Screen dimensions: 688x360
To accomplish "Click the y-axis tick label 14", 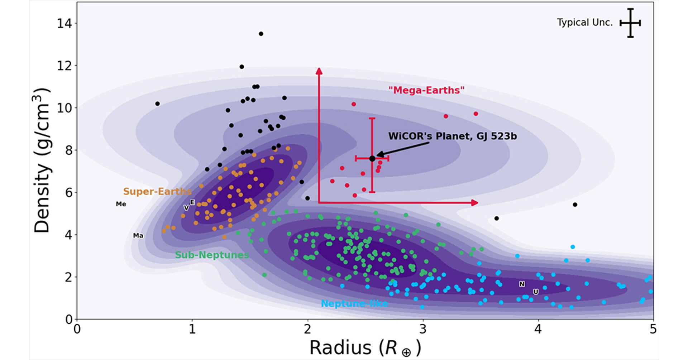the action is [64, 24].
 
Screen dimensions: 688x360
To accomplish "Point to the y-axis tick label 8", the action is [68, 150].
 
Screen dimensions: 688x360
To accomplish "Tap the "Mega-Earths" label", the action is [426, 90].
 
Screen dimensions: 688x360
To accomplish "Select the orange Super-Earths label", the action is [157, 191].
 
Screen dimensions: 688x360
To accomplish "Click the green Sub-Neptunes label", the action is [212, 255].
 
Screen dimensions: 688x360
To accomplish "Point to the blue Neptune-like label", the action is [354, 304].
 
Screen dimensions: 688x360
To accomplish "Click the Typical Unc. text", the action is [585, 23].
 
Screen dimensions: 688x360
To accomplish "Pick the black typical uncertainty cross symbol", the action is [630, 23].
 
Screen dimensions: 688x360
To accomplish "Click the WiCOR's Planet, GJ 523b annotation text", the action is [453, 136].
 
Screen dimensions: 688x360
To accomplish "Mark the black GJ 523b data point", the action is [372, 158].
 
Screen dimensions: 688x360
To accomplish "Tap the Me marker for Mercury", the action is [121, 204].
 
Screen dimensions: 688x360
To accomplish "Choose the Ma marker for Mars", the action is [138, 236].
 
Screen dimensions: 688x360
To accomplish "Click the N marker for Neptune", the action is [522, 284].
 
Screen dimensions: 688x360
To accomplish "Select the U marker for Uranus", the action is [536, 292].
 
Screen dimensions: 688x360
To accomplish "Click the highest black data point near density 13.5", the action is [261, 34].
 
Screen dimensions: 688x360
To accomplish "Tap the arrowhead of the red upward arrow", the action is [319, 71].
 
